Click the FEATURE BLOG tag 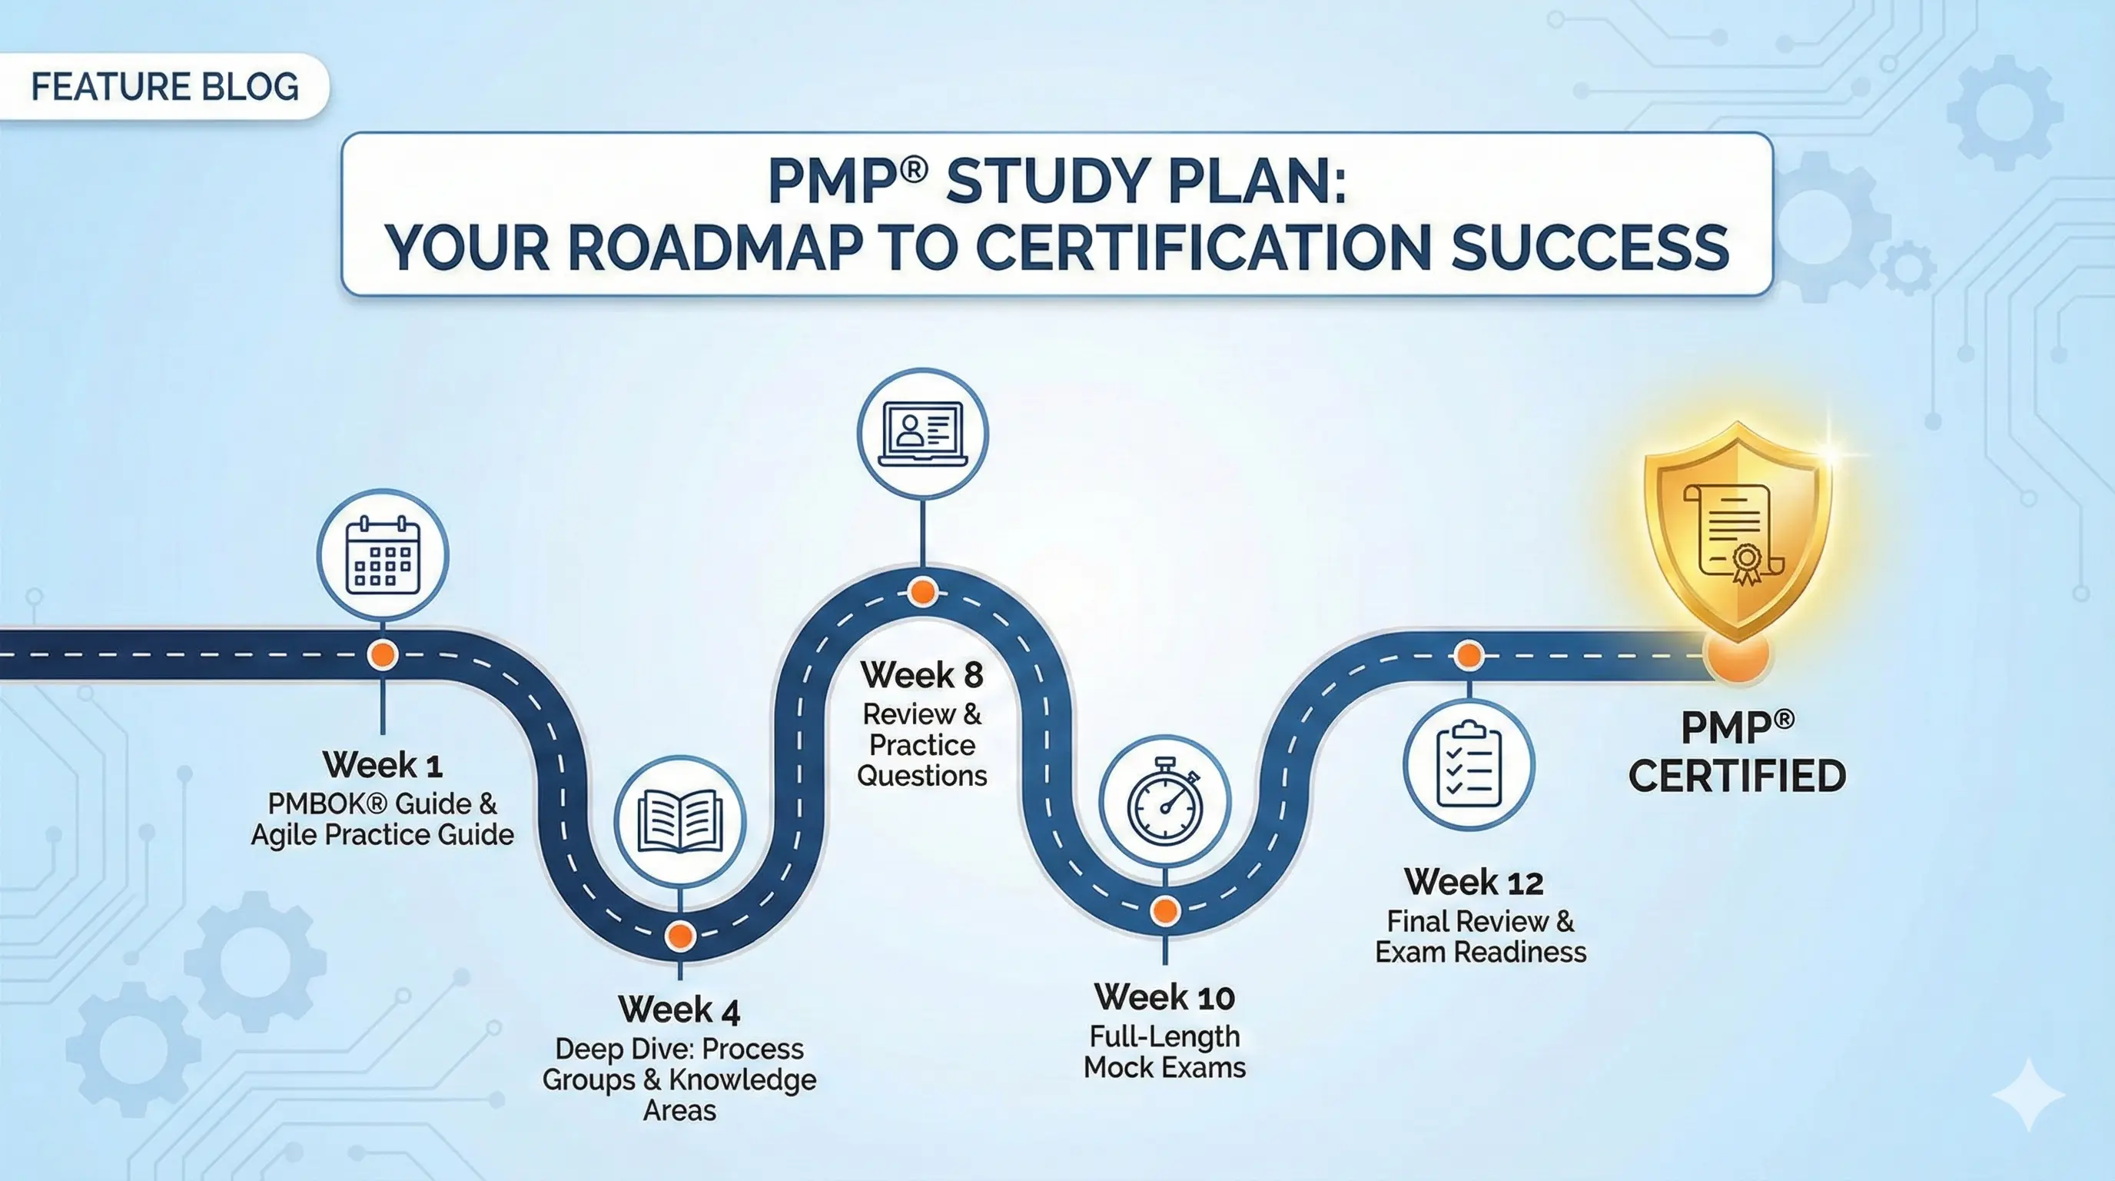(164, 87)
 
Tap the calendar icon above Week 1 (383, 556)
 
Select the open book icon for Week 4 (680, 820)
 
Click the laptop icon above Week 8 (922, 434)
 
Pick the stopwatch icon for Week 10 (1164, 800)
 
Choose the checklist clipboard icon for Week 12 (1468, 764)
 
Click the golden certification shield (1738, 530)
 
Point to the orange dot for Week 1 (383, 654)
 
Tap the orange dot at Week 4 (680, 936)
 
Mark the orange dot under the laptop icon (923, 591)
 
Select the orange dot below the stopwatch (1165, 910)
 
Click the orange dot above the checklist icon (1469, 655)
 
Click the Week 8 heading (922, 675)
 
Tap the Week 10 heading (1164, 998)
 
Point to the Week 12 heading (1474, 883)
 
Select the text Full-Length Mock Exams (1164, 1052)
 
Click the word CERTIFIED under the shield (1738, 776)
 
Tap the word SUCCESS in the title (1589, 248)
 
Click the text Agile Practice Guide (383, 835)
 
